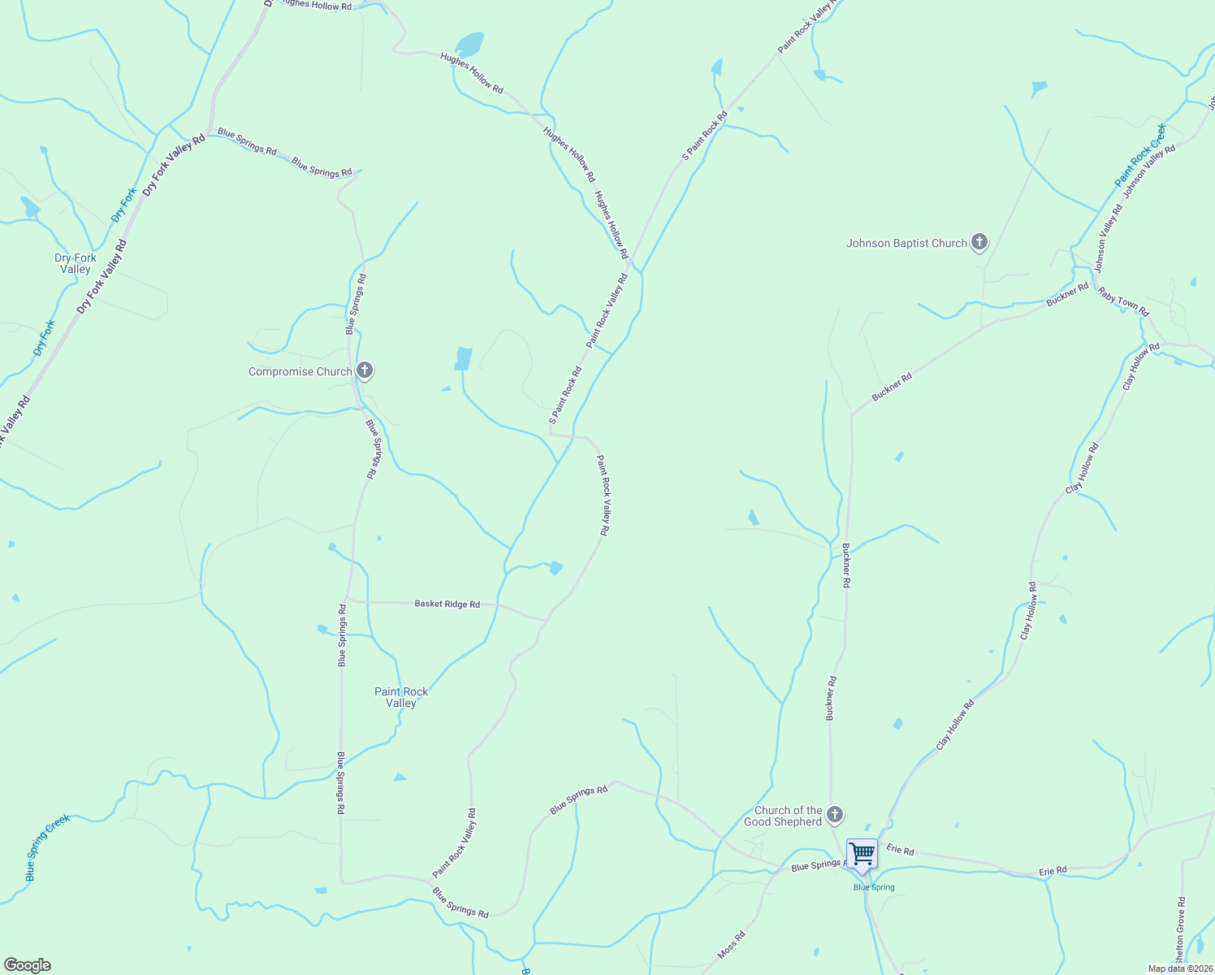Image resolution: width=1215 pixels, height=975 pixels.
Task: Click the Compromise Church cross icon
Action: click(365, 370)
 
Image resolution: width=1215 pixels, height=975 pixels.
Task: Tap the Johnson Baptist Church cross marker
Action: click(979, 241)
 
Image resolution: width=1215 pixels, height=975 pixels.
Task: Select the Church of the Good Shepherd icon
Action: click(835, 814)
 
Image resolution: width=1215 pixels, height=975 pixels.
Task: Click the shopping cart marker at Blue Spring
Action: click(862, 855)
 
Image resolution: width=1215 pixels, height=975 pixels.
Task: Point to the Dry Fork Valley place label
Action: click(76, 263)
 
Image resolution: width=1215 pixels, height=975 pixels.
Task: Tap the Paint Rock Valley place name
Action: click(401, 697)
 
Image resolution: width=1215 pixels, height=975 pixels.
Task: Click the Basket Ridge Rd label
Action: click(447, 604)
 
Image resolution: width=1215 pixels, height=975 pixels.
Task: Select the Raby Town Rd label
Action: click(1123, 301)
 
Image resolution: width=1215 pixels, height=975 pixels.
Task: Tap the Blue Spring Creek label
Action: click(47, 847)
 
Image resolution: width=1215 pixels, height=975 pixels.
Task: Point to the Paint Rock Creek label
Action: click(1140, 154)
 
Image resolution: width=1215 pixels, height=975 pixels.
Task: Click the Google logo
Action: click(28, 965)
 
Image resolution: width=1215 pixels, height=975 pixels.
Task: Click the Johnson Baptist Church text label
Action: click(906, 243)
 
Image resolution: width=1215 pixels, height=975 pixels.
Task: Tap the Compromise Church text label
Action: click(300, 371)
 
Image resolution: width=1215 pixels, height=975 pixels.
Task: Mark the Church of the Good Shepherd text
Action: click(783, 816)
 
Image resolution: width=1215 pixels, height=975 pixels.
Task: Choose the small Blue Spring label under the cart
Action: click(874, 887)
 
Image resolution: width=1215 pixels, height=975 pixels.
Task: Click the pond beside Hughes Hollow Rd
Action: click(469, 44)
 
